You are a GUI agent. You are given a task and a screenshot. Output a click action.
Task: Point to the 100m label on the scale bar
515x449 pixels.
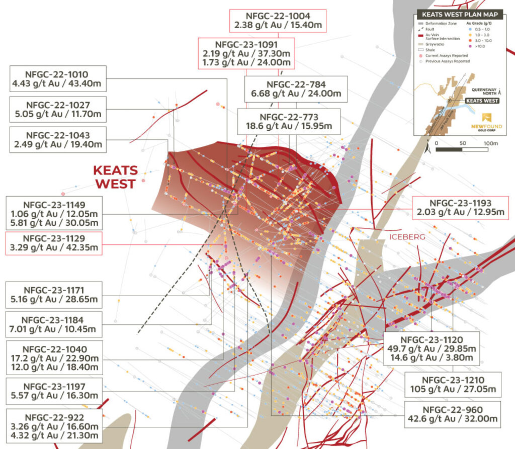point(490,143)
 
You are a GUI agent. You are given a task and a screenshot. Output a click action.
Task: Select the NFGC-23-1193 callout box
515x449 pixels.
point(460,207)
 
